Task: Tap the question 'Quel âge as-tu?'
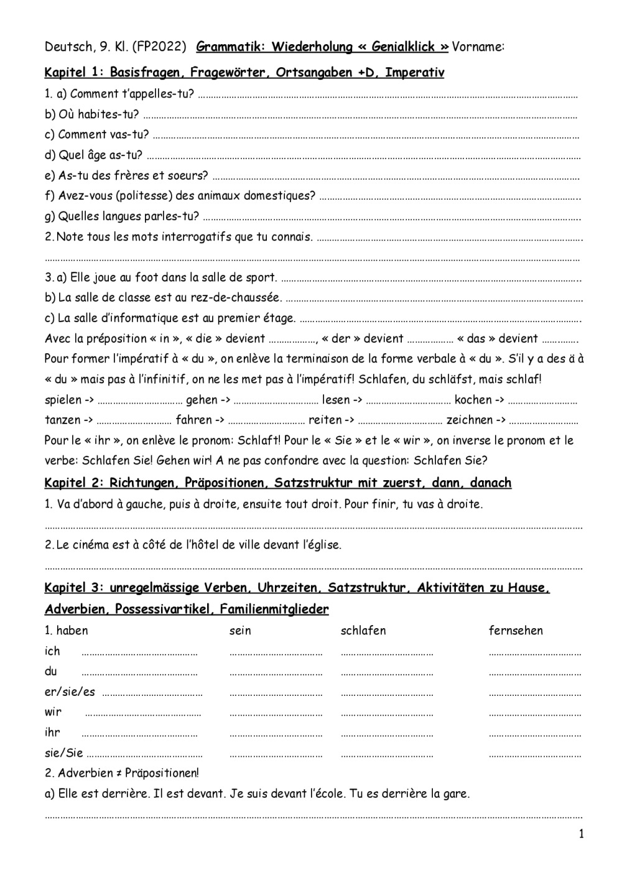coord(100,155)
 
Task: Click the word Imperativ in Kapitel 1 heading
coord(414,73)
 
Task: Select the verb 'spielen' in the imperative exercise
coord(63,400)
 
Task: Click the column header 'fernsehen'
coord(516,631)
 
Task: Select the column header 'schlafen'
coord(363,631)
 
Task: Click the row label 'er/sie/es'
coord(70,692)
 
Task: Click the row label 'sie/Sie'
coord(63,753)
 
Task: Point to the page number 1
coord(582,835)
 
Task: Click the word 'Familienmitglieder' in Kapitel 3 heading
coord(274,609)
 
